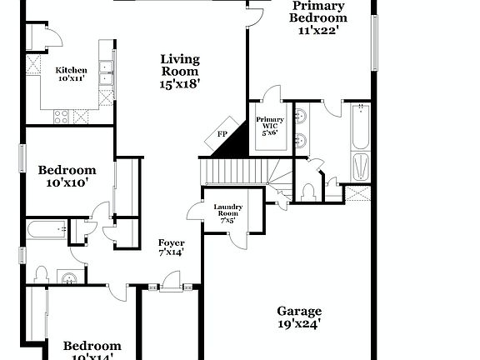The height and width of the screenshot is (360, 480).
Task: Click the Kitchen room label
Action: tap(72, 74)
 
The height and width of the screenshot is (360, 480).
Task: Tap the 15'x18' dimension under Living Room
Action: tap(180, 83)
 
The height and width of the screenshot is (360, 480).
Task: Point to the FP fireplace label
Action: tap(222, 134)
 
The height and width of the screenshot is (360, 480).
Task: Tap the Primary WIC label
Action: tap(269, 126)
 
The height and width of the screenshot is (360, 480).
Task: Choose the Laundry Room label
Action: tap(227, 213)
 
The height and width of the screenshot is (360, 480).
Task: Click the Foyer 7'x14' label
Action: tap(172, 247)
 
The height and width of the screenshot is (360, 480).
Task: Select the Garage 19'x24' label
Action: tap(298, 317)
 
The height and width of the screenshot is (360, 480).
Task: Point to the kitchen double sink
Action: tap(106, 74)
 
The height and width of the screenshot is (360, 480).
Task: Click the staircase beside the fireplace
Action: tap(236, 172)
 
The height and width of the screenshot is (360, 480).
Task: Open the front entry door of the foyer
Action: tap(170, 289)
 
